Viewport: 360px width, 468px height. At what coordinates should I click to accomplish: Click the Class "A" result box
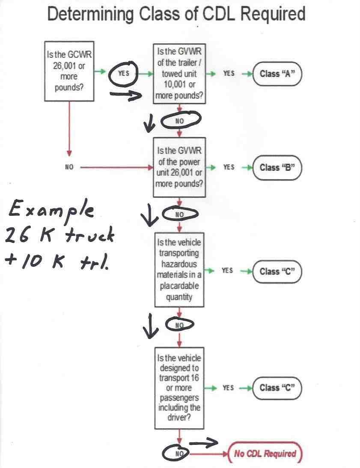[277, 74]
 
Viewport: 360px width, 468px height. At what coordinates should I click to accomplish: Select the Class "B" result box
[277, 167]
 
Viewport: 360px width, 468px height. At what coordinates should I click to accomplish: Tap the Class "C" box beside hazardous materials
[277, 271]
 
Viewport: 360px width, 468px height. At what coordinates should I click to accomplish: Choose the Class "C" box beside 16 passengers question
[277, 388]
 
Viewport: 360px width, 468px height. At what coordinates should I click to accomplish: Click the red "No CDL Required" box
[265, 453]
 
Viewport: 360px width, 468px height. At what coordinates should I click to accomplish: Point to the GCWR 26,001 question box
[69, 71]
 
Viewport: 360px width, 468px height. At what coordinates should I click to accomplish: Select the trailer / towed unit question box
[179, 74]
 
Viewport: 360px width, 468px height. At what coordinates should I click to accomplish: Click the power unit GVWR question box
[179, 167]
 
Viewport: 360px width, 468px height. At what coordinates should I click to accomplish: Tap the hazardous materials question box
[179, 269]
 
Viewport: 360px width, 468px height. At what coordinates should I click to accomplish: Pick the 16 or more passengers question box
[179, 388]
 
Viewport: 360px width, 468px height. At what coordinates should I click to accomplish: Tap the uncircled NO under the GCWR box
[69, 167]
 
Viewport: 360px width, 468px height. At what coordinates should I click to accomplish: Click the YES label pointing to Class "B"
[229, 167]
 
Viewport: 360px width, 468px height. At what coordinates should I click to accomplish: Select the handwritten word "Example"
[51, 209]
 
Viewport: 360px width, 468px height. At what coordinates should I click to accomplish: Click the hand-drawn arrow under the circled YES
[126, 95]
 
